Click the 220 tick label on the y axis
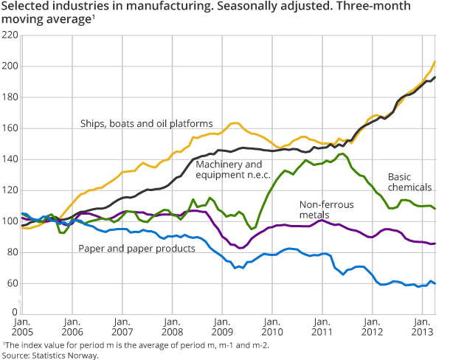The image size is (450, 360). point(10,35)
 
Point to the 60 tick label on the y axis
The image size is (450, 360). point(12,283)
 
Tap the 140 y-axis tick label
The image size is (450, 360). point(10,159)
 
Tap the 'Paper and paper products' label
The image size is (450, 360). point(136,248)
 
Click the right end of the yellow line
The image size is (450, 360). point(435,61)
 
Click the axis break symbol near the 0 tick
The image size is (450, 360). point(22,305)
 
